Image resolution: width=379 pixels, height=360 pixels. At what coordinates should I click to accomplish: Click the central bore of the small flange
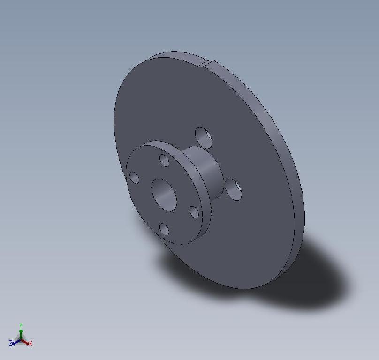click(x=164, y=194)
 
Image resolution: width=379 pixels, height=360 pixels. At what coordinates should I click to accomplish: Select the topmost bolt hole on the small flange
click(x=164, y=160)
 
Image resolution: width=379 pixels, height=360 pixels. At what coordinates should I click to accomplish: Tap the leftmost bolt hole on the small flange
click(x=134, y=178)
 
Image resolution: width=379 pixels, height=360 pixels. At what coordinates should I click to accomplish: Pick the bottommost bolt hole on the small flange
click(x=164, y=229)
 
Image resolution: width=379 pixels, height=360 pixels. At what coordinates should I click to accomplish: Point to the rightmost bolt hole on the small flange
click(x=194, y=212)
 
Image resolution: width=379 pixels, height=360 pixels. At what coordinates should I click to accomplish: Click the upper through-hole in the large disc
click(x=203, y=137)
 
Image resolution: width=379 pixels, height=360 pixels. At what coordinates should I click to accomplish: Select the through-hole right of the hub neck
click(x=233, y=189)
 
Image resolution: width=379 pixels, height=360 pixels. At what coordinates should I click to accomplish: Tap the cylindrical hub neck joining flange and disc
click(x=206, y=169)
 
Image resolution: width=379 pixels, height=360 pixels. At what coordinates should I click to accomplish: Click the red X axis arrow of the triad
click(x=26, y=343)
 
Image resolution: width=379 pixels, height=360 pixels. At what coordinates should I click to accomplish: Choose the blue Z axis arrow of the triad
click(x=15, y=343)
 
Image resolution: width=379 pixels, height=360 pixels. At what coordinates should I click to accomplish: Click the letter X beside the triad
click(x=30, y=344)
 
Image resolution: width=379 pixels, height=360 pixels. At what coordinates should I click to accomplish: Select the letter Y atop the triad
click(x=21, y=324)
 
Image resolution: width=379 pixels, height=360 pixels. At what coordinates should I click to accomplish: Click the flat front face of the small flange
click(x=145, y=211)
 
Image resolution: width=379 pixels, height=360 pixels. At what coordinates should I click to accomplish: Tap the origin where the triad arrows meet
click(x=21, y=340)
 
